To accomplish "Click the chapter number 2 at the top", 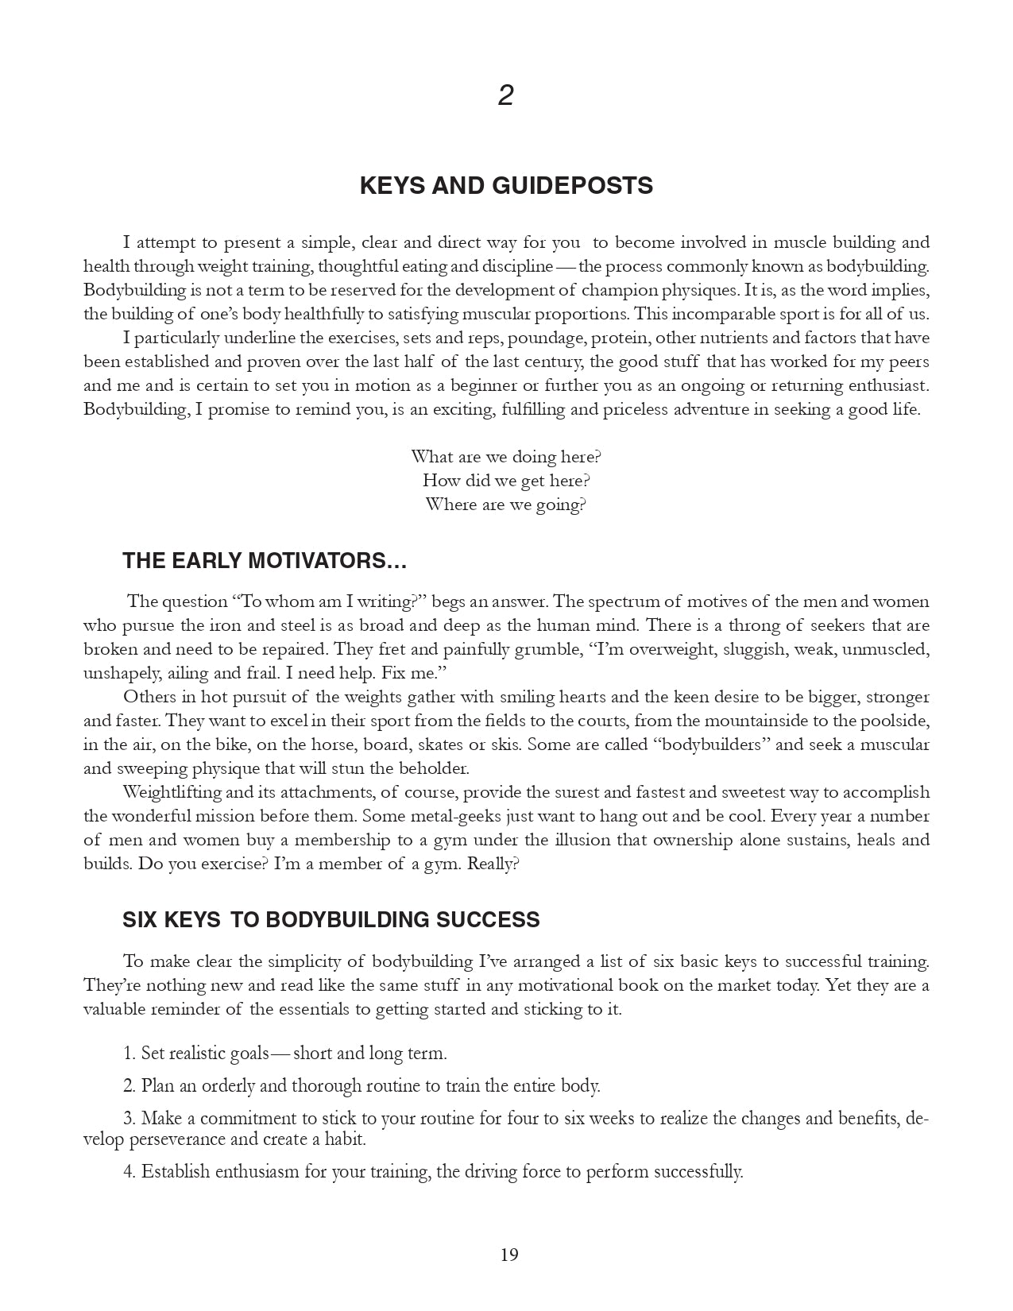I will click(x=506, y=96).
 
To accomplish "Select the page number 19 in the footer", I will click(x=509, y=1255).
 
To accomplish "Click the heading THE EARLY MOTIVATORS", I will click(x=265, y=561).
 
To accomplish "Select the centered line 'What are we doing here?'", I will click(x=506, y=457).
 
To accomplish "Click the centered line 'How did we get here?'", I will click(x=506, y=481).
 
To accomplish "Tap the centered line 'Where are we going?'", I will click(x=506, y=505).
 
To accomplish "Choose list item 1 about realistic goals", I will click(x=285, y=1054).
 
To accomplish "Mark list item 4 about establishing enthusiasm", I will click(x=433, y=1172).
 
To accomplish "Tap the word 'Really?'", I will click(x=493, y=864).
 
